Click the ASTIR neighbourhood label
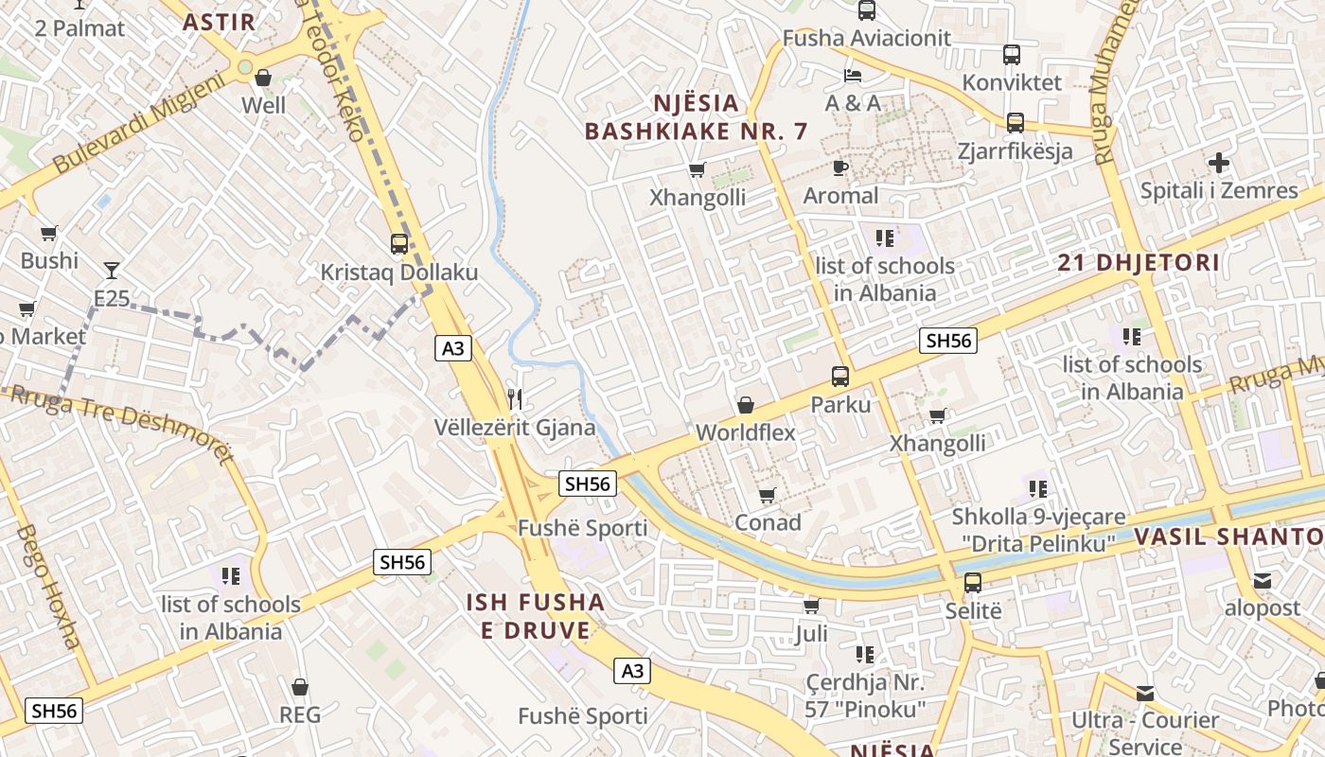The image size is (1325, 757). tap(219, 22)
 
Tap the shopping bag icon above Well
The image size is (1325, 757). tap(263, 78)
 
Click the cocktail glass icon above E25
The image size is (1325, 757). tap(112, 271)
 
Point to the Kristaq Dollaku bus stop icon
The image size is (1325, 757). tap(399, 244)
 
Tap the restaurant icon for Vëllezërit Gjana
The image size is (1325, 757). tap(515, 398)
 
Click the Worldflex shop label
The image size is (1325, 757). tap(745, 432)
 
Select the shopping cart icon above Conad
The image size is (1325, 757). tap(768, 495)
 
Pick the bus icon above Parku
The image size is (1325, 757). tap(839, 377)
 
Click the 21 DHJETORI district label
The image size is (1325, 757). tap(1139, 262)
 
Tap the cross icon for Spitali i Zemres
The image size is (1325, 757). tap(1219, 163)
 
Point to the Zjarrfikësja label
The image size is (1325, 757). tap(1015, 151)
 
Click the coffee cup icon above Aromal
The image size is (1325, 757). tap(839, 168)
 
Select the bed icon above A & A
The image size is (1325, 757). tap(853, 76)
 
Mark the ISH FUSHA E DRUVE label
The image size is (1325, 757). tap(535, 616)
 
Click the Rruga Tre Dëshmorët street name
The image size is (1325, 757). tap(118, 421)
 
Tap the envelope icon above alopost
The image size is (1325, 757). tap(1263, 581)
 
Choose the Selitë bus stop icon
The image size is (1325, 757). tap(973, 583)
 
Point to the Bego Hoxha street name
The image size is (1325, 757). tap(47, 587)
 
